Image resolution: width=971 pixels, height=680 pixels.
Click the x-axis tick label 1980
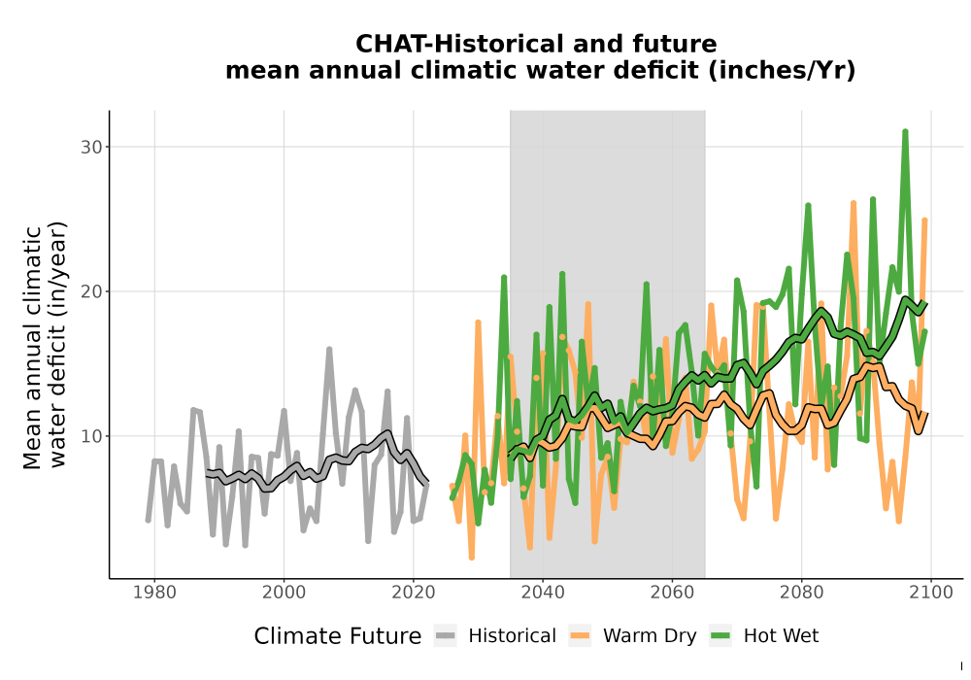(x=154, y=593)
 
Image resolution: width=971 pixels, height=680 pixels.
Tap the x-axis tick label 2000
(x=284, y=593)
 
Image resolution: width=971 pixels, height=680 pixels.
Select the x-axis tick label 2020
(x=413, y=593)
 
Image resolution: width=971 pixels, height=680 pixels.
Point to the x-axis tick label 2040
(x=543, y=593)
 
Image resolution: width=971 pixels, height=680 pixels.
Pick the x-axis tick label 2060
(x=672, y=593)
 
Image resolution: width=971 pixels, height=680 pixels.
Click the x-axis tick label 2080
(x=801, y=593)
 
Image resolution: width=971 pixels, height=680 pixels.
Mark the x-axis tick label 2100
(x=931, y=593)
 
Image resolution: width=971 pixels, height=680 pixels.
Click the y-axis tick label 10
(x=91, y=436)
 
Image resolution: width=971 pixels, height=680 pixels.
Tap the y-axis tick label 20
(x=91, y=291)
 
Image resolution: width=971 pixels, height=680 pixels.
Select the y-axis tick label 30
(x=91, y=148)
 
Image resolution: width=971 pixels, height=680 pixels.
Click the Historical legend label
(x=512, y=636)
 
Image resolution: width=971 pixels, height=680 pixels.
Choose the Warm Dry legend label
(x=650, y=636)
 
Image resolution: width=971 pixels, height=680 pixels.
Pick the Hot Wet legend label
(x=781, y=636)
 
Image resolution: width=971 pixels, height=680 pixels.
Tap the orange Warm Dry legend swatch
(x=580, y=635)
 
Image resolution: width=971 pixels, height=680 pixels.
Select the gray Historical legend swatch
(x=446, y=635)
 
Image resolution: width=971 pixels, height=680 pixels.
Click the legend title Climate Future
(x=338, y=636)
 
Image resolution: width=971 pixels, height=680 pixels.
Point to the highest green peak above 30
(x=905, y=132)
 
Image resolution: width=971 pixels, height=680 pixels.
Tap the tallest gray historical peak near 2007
(x=329, y=350)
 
